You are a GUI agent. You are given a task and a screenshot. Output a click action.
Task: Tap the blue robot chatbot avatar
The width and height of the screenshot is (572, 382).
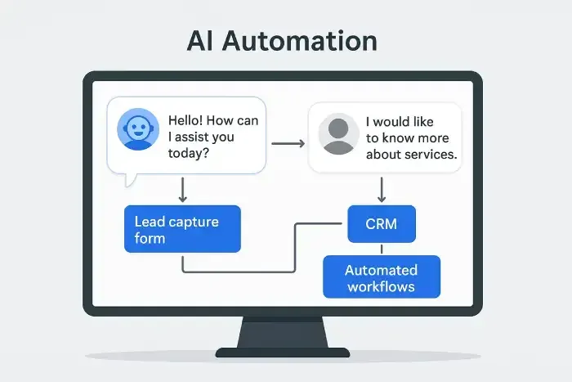coord(138,131)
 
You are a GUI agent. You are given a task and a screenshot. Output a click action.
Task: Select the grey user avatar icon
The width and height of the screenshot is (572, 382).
coord(337,134)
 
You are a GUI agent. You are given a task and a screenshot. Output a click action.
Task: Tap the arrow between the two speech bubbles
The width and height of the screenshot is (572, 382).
coord(287,144)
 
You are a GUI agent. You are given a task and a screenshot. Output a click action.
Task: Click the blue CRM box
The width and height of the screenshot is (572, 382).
coord(382,223)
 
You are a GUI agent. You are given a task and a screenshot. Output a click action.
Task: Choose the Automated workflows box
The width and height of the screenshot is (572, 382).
coord(381,277)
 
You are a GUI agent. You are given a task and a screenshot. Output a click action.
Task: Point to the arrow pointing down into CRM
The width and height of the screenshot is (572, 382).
coord(382,190)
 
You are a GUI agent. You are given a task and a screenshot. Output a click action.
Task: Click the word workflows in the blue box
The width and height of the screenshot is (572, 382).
coord(381,286)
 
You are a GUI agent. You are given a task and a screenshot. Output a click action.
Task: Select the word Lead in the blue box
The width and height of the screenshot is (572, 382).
coord(150,221)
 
